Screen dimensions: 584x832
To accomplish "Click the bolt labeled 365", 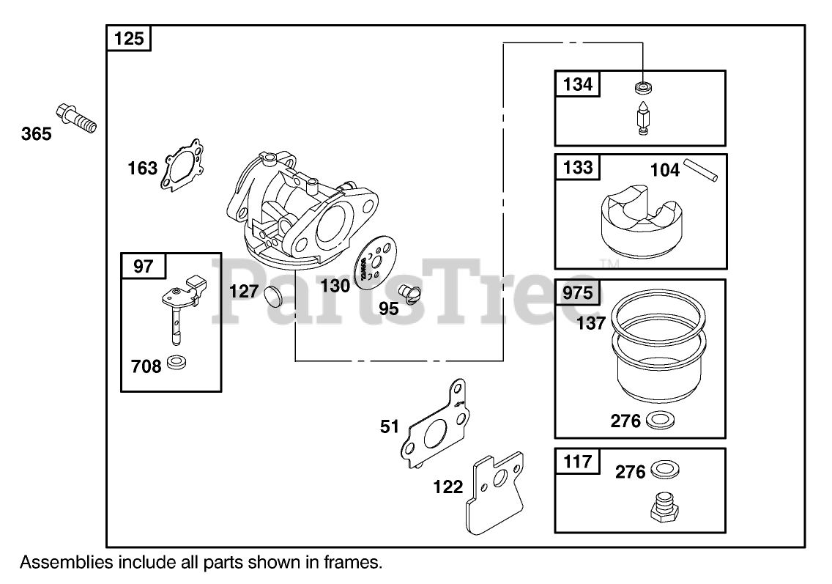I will click(75, 119).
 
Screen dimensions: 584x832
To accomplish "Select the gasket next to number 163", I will click(182, 166).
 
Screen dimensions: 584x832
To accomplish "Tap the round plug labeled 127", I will click(272, 296).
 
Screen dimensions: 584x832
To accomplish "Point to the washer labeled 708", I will click(176, 362).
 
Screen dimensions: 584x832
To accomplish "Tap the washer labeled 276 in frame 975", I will click(662, 421).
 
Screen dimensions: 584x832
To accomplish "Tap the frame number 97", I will click(144, 265).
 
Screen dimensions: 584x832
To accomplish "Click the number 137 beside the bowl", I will click(590, 322).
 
